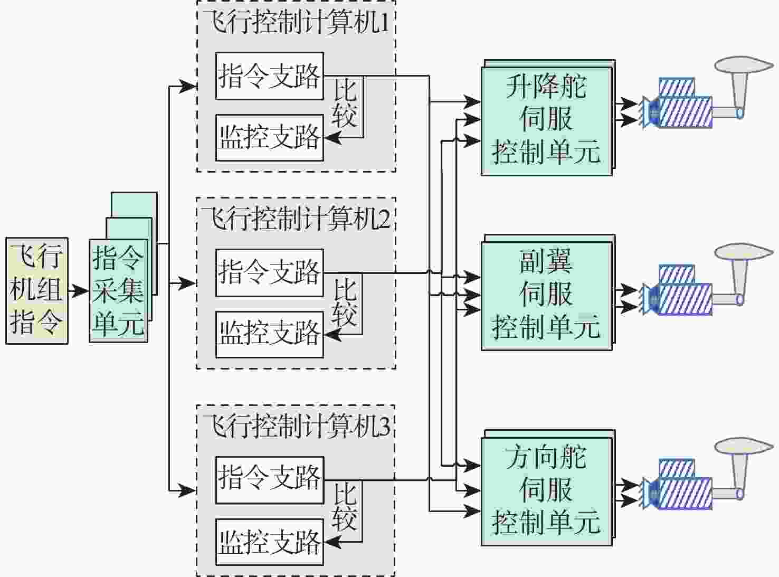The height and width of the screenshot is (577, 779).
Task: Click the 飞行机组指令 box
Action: (37, 290)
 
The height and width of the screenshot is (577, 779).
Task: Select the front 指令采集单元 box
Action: (118, 290)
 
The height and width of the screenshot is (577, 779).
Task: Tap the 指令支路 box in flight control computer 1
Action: (269, 76)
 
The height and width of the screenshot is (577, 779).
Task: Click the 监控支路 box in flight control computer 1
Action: (269, 138)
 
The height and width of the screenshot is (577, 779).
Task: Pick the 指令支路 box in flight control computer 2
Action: (269, 273)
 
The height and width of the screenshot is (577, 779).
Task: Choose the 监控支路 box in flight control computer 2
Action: (269, 335)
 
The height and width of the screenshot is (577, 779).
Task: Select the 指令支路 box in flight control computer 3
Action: (269, 480)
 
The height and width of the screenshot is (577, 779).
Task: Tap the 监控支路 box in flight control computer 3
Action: (269, 542)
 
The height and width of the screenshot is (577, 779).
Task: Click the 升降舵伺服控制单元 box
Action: (546, 121)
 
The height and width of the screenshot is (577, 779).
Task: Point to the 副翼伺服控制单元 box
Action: (546, 296)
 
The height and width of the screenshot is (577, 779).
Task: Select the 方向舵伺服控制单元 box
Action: (546, 491)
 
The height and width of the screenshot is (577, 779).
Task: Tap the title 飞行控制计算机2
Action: (296, 218)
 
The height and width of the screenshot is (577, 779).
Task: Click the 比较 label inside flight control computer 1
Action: (345, 103)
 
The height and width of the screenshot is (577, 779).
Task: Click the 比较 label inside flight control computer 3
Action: (345, 507)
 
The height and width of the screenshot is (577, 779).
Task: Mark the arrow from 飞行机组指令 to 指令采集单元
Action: (78, 290)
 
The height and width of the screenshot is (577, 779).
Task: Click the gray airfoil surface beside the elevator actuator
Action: (744, 65)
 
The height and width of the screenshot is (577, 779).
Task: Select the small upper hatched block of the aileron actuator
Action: (677, 274)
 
